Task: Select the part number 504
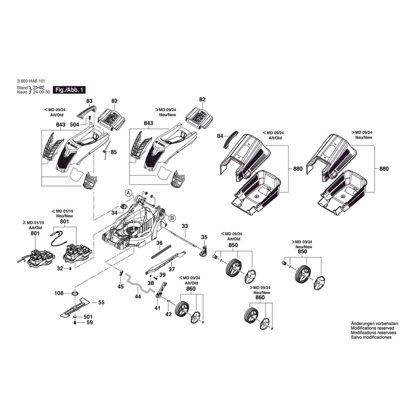(x=74, y=124)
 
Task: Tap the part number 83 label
(x=89, y=101)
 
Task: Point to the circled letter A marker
(x=128, y=193)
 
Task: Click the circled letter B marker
(x=172, y=217)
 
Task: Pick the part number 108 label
(x=59, y=293)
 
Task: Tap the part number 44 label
(x=138, y=296)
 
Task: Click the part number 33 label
(x=185, y=226)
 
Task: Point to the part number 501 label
(x=88, y=317)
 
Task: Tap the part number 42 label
(x=168, y=314)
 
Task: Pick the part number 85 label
(x=114, y=152)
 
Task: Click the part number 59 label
(x=90, y=322)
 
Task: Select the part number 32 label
(x=60, y=269)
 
